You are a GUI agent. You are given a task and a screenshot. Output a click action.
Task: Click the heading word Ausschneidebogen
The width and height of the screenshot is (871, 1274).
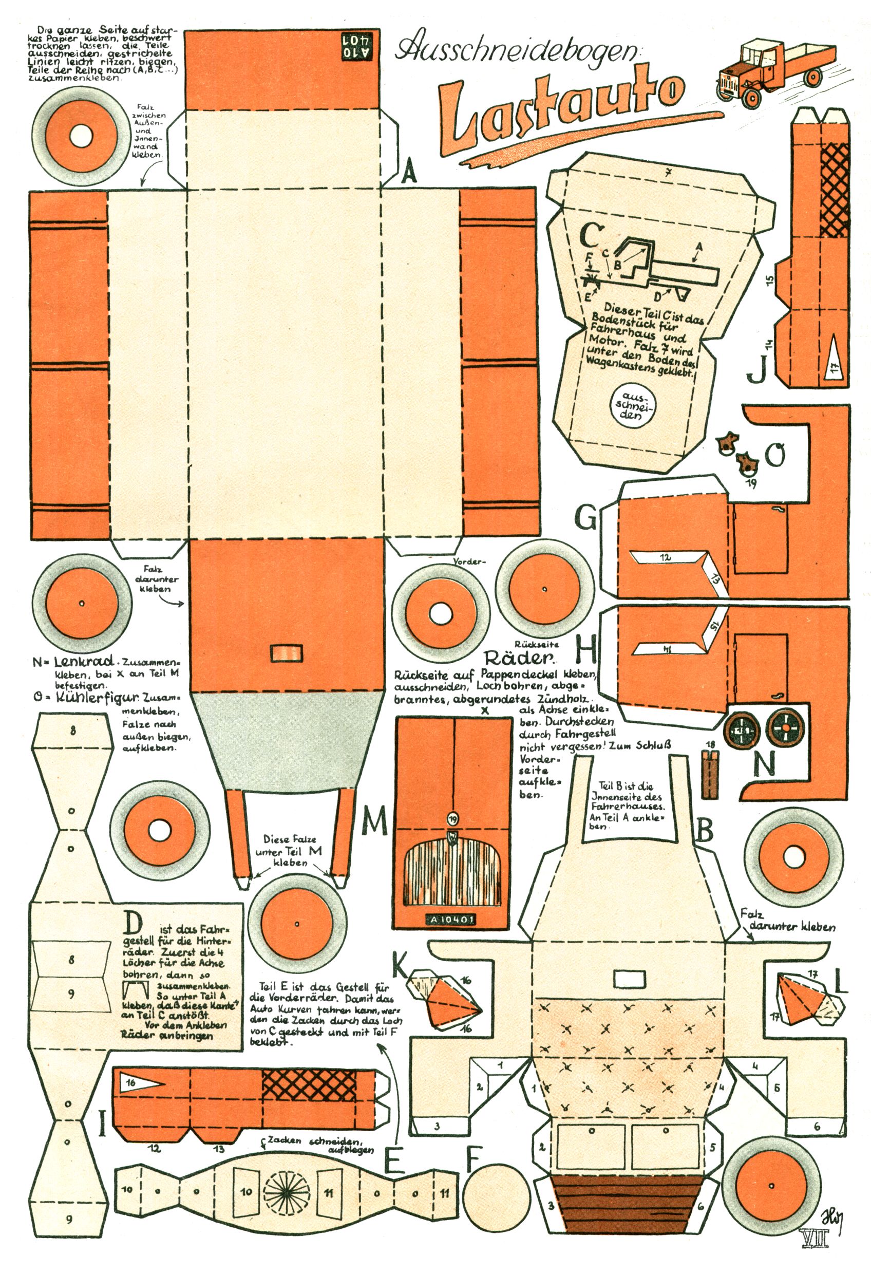pos(516,51)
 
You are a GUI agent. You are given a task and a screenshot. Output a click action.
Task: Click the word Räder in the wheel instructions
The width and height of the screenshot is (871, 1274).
pos(519,657)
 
